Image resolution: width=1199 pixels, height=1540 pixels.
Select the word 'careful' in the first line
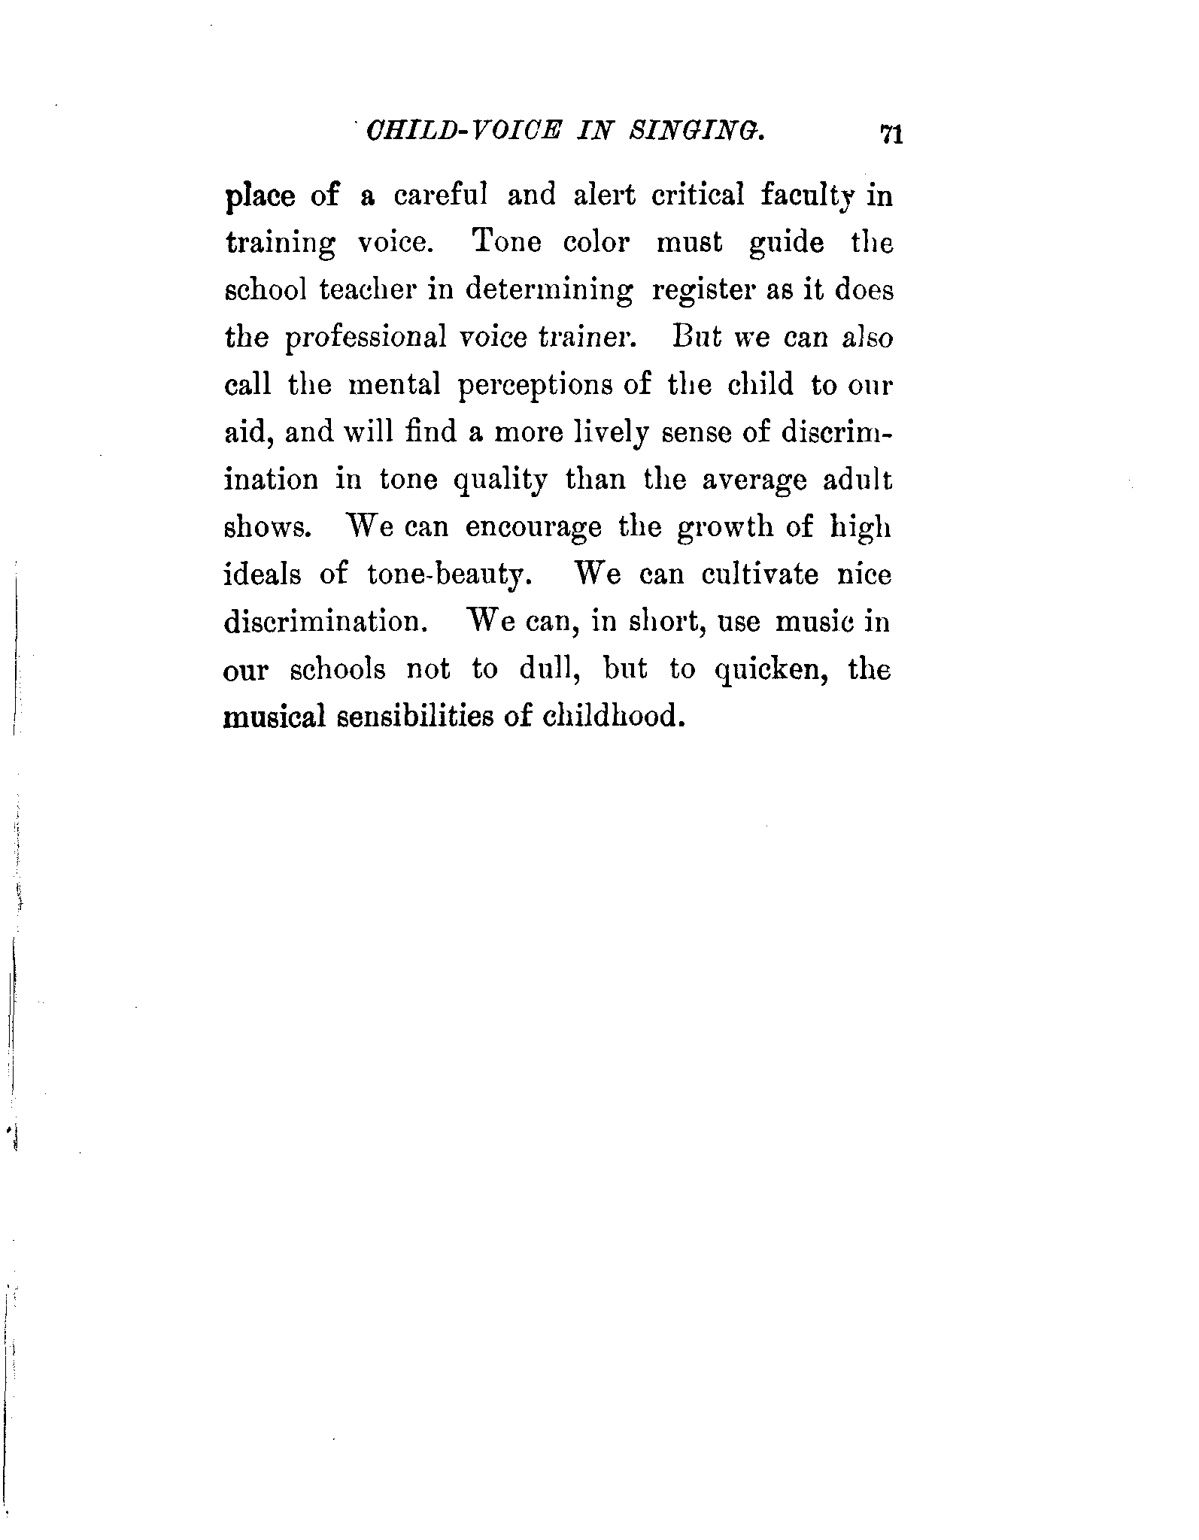(441, 196)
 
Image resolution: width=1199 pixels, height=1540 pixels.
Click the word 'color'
(596, 244)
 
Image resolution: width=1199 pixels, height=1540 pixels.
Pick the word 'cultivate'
(760, 574)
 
